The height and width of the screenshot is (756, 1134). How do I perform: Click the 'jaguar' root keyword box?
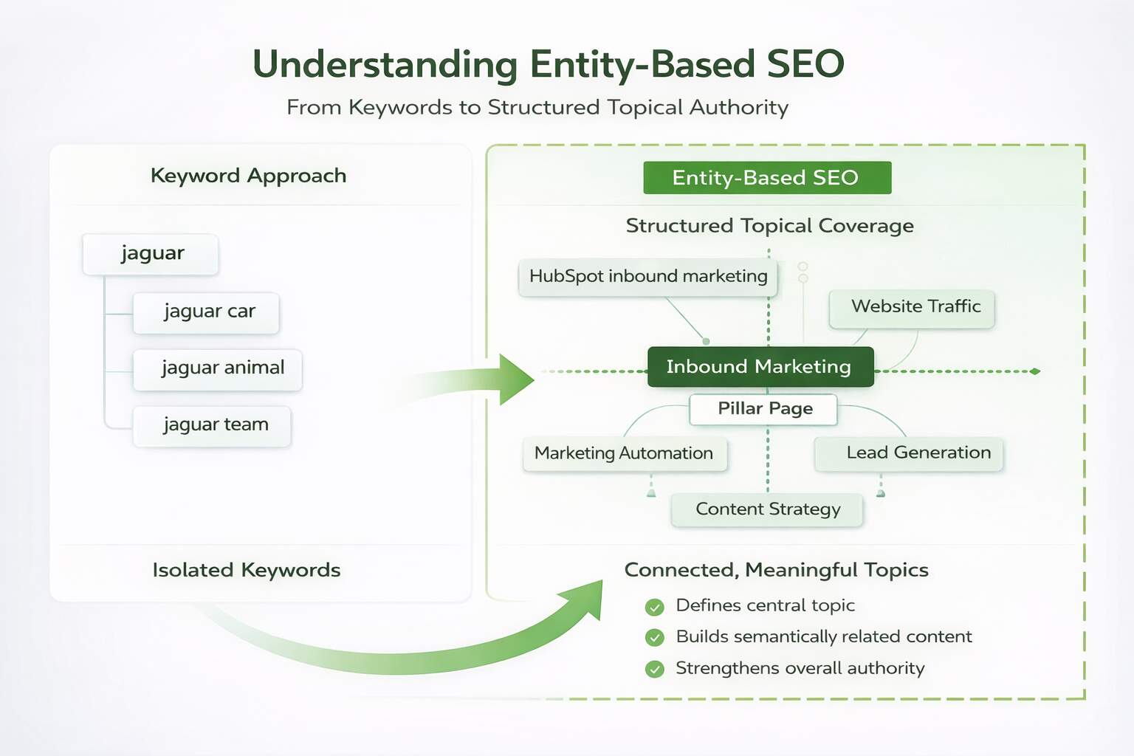point(151,254)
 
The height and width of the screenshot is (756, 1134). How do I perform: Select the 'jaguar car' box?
point(206,312)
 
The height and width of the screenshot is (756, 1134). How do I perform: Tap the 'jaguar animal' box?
point(218,369)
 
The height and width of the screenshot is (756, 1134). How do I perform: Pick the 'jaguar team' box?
point(212,426)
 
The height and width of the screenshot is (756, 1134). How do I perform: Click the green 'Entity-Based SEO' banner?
point(766,178)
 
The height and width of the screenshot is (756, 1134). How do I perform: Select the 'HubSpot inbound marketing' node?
point(647,277)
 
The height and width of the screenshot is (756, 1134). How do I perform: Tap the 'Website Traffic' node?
point(912,308)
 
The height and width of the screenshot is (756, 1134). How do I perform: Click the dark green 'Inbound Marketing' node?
point(760,367)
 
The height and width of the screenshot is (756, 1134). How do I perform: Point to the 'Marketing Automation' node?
point(625,453)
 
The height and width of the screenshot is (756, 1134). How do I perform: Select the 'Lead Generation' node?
point(909,453)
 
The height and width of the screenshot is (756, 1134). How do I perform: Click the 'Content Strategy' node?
point(767,509)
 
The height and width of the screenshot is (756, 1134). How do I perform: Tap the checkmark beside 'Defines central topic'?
point(654,607)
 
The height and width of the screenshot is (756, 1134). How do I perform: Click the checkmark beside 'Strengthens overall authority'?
point(654,669)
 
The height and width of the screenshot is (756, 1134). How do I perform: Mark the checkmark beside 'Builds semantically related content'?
point(654,637)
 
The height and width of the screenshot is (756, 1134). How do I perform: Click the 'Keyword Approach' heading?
point(248,176)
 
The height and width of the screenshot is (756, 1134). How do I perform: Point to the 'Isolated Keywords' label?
point(246,570)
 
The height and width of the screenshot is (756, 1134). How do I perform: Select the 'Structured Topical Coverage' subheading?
point(769,226)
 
